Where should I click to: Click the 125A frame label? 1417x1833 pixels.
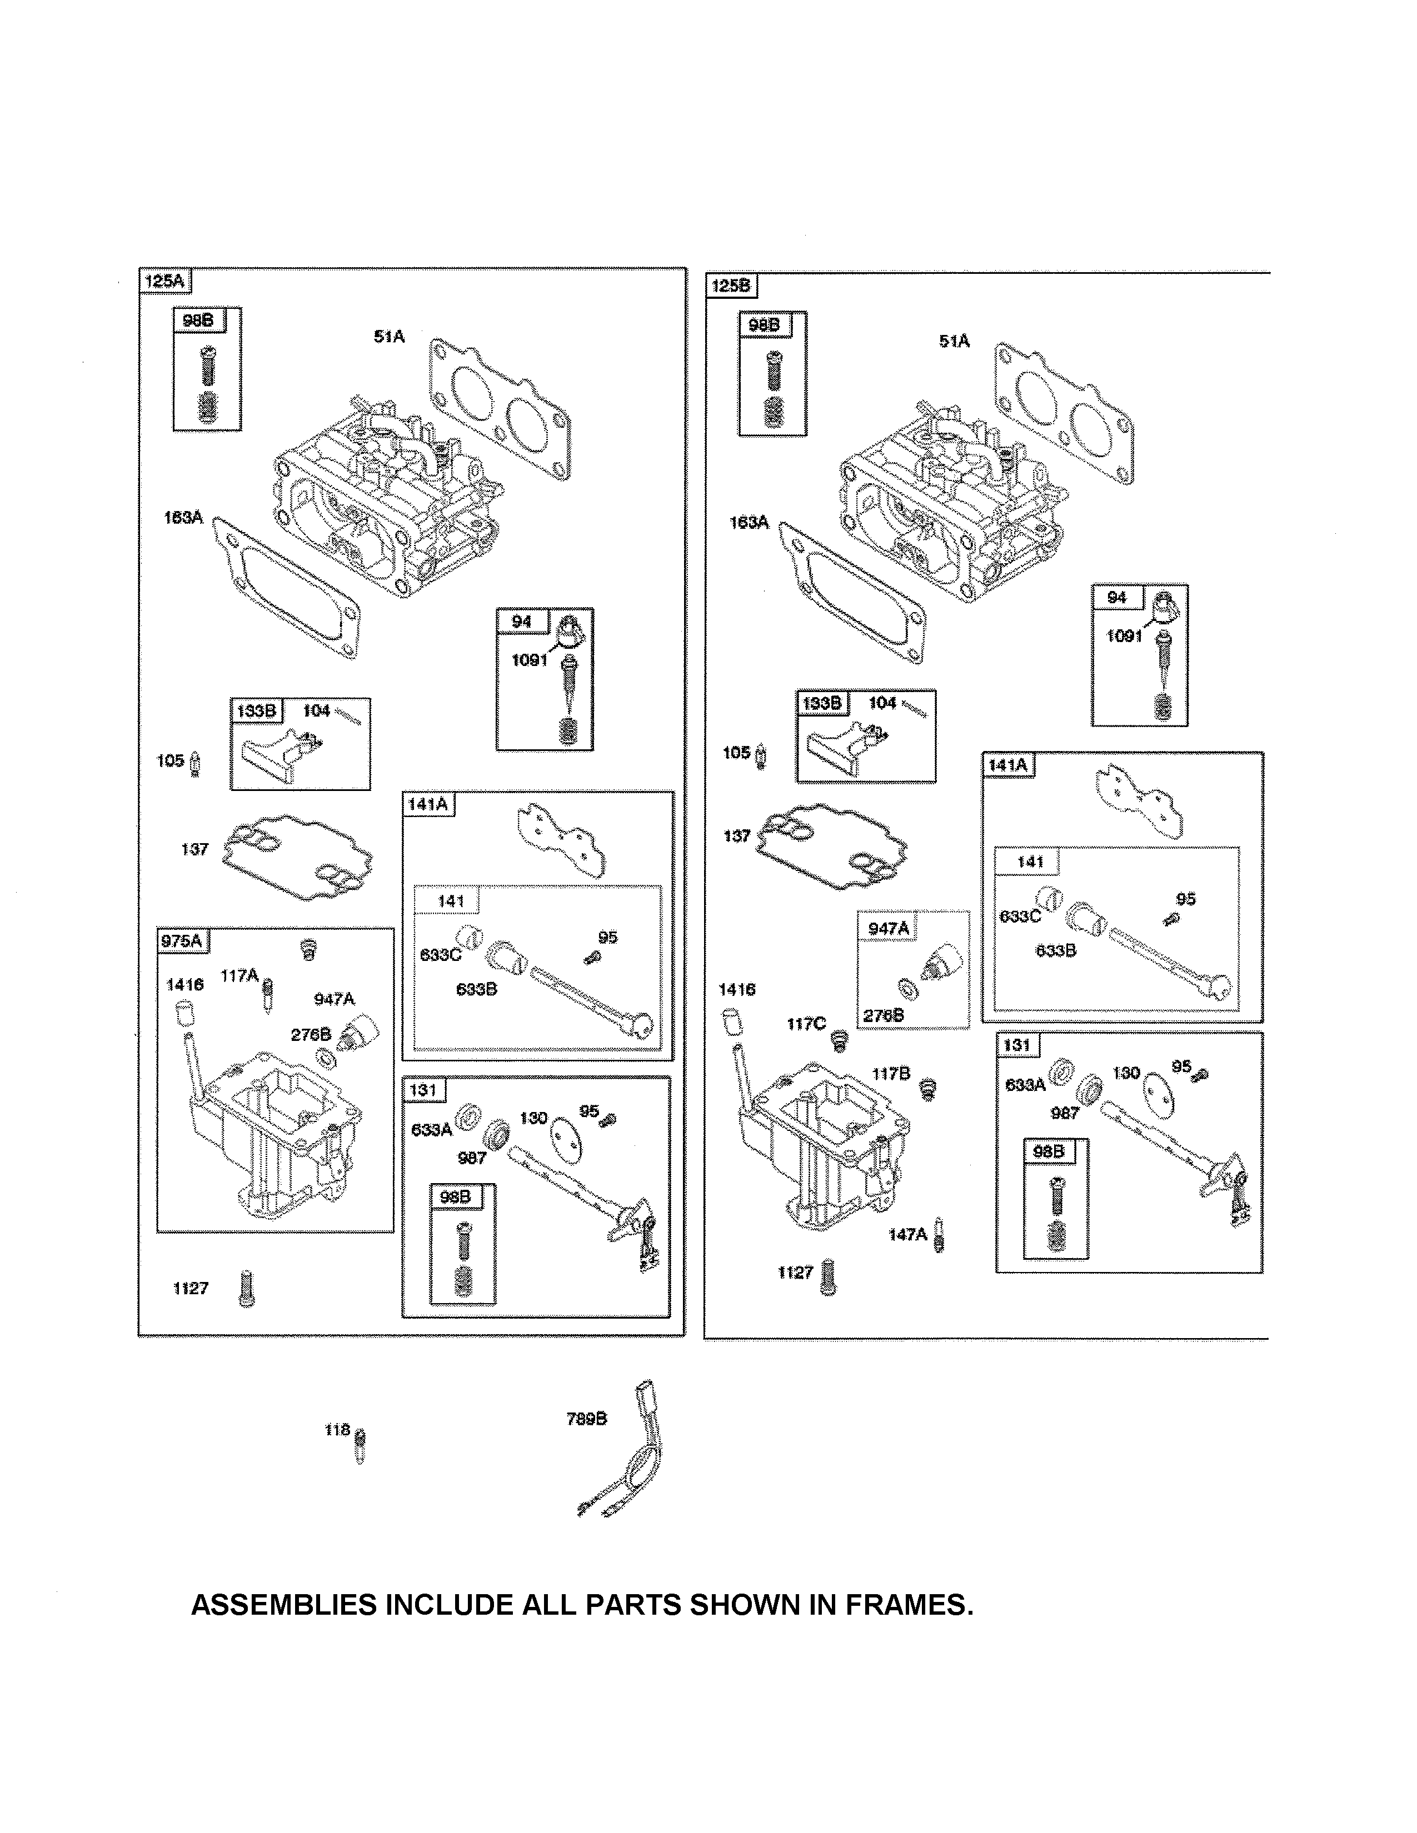click(x=164, y=281)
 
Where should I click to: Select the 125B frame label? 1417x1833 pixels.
click(x=730, y=286)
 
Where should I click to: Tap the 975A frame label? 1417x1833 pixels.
click(x=181, y=941)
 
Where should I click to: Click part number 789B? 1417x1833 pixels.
click(x=586, y=1419)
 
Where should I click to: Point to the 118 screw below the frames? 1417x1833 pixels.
click(x=360, y=1445)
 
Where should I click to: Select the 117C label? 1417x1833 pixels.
click(x=806, y=1023)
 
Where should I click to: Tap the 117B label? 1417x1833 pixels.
click(x=891, y=1074)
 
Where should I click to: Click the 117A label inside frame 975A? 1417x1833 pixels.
click(x=240, y=975)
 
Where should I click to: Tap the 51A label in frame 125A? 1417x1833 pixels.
click(x=388, y=337)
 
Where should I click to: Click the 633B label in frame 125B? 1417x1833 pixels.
click(x=1055, y=951)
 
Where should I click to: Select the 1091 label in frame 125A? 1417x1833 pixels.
click(x=529, y=660)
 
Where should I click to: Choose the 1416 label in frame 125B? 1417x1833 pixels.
click(x=736, y=989)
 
